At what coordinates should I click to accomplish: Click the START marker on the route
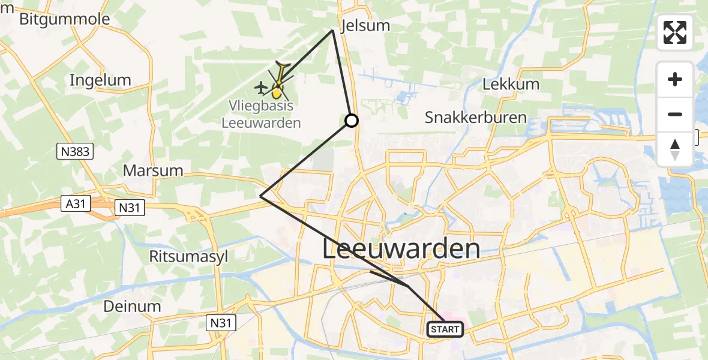point(445,329)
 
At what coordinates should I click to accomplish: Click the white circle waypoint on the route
point(352,121)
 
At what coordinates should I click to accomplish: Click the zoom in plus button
point(675,80)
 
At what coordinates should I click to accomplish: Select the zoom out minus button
point(675,114)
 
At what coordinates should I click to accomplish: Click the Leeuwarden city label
point(401,248)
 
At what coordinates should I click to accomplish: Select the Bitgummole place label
point(65,19)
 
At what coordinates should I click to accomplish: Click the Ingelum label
point(100,80)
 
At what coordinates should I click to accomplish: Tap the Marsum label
point(153,170)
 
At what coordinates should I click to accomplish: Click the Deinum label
point(132,306)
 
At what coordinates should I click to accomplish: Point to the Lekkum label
point(511,85)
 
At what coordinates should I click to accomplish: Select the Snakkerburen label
point(476,118)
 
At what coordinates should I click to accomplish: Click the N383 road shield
point(76,152)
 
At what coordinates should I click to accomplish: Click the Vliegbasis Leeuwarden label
point(262,114)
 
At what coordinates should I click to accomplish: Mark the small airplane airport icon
point(261,88)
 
